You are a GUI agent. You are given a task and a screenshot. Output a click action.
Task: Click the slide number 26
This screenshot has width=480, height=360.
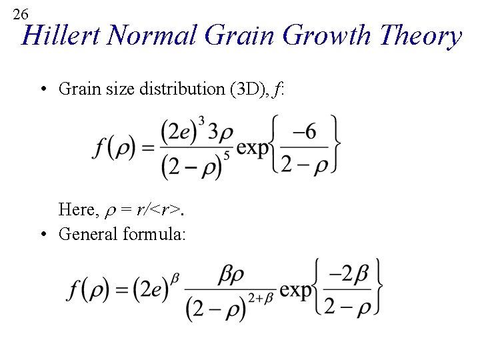click(x=21, y=14)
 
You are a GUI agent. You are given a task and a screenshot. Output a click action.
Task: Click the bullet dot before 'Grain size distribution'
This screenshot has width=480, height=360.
click(x=43, y=89)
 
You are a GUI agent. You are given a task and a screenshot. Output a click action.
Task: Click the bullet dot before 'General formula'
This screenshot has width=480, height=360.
click(x=43, y=235)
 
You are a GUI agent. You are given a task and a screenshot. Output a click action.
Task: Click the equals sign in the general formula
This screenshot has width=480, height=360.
click(x=123, y=291)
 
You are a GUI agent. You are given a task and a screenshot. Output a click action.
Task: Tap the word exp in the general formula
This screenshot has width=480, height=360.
click(x=295, y=291)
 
